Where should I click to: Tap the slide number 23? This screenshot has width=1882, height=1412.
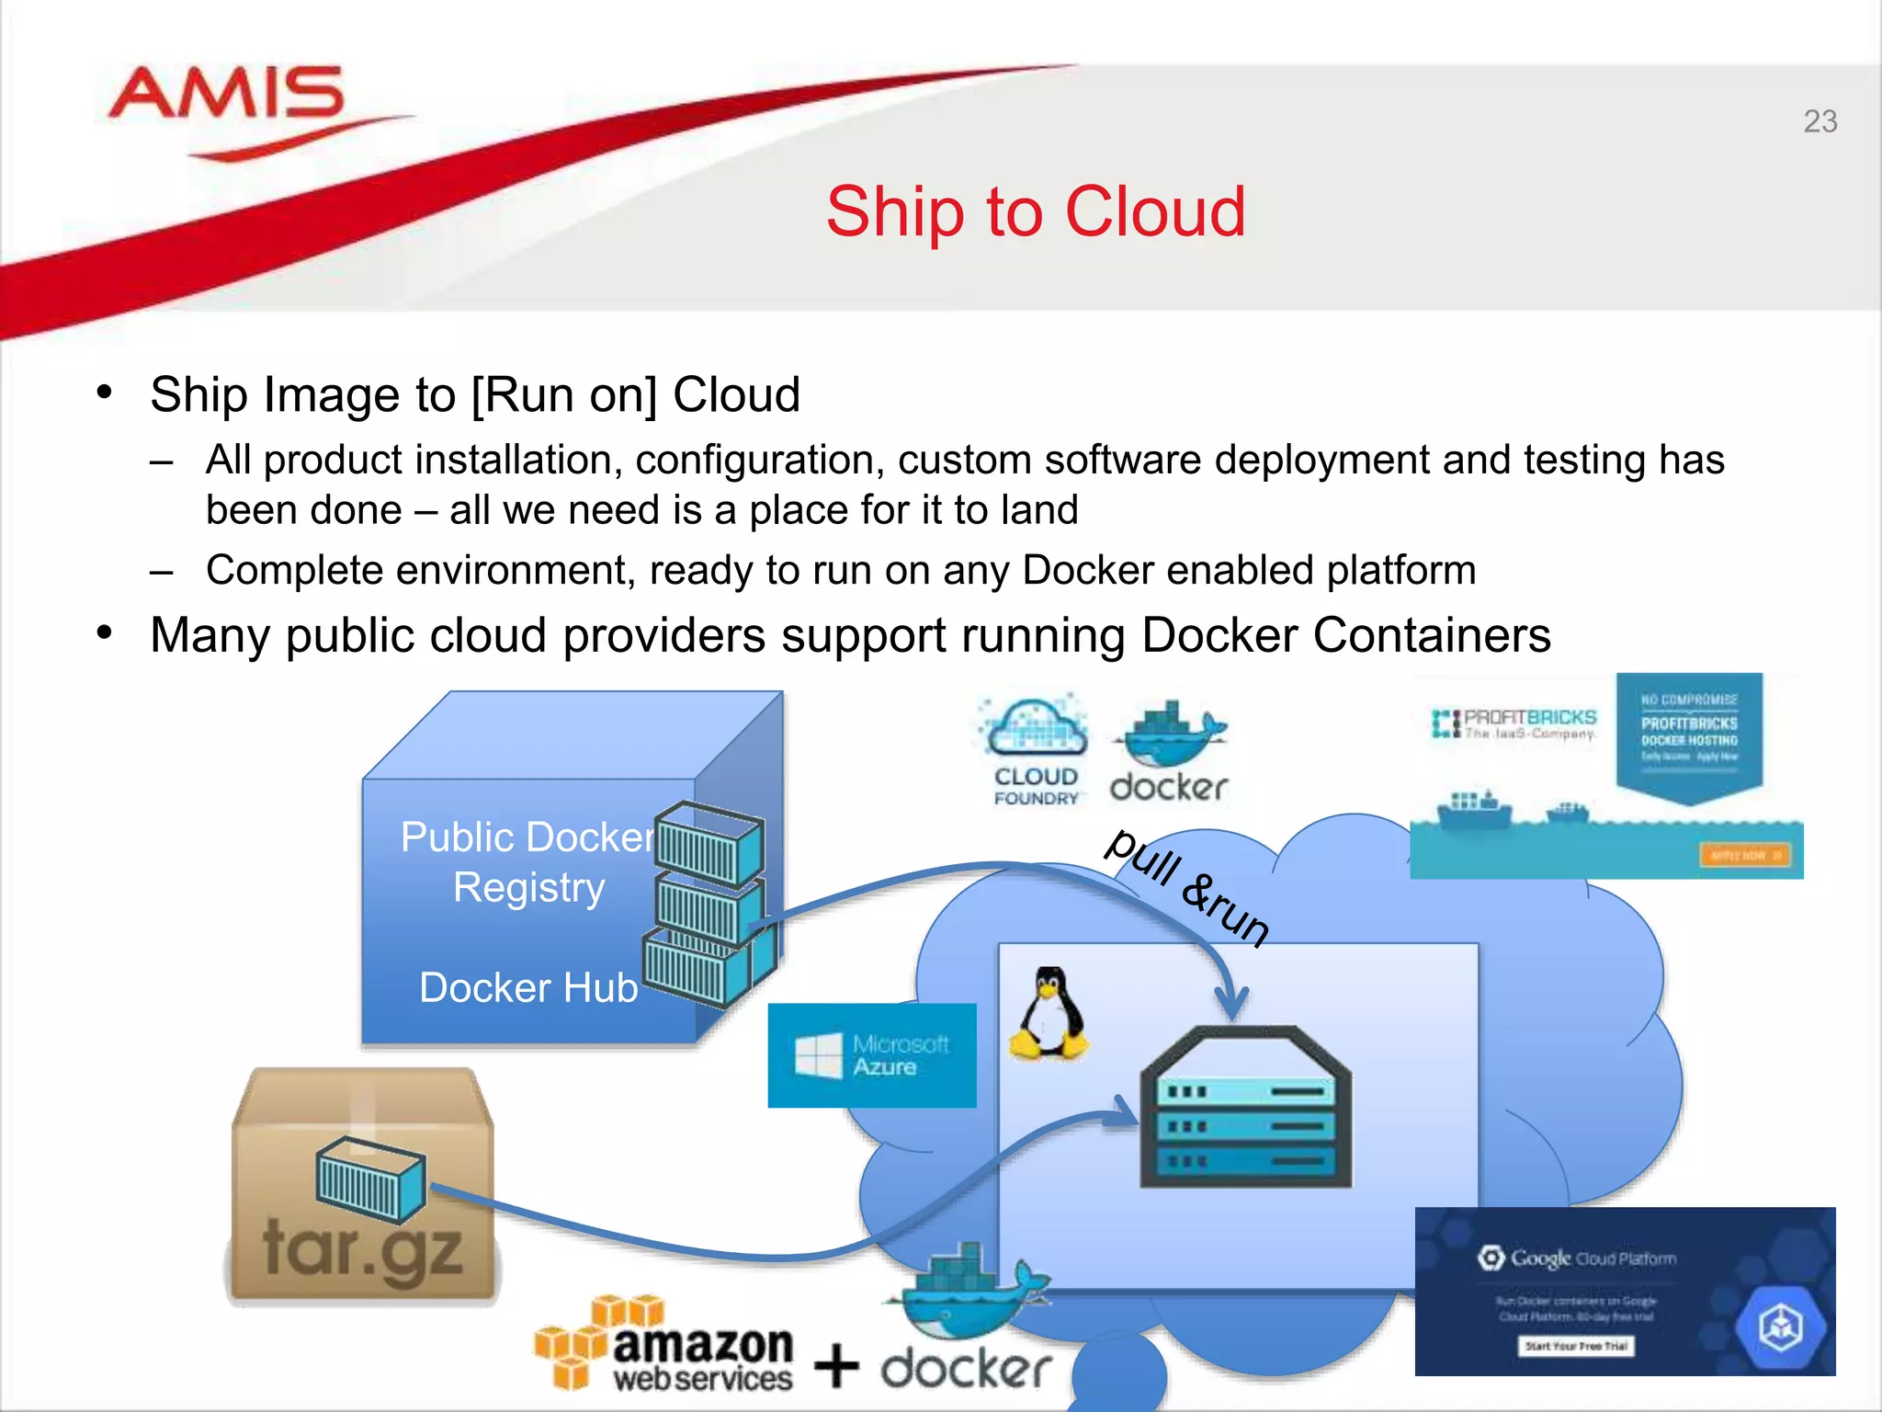pyautogui.click(x=1820, y=121)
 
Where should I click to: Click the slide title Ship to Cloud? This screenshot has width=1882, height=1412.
pyautogui.click(x=1036, y=211)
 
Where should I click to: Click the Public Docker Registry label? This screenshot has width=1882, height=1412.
pyautogui.click(x=527, y=862)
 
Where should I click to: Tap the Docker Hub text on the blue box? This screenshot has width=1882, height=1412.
pyautogui.click(x=527, y=988)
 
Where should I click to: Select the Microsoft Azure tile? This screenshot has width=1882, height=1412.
pyautogui.click(x=871, y=1055)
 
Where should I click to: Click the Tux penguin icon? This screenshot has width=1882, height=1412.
pyautogui.click(x=1049, y=1013)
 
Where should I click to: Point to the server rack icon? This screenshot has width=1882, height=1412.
pyautogui.click(x=1245, y=1108)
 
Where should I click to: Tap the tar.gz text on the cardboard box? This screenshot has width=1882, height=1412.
pyautogui.click(x=363, y=1248)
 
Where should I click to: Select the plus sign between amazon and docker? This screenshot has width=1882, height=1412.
pyautogui.click(x=836, y=1365)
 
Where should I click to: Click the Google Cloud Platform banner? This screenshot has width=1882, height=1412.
pyautogui.click(x=1625, y=1291)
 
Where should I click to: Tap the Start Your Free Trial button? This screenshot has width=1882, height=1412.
pyautogui.click(x=1575, y=1346)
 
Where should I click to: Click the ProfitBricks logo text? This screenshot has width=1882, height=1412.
pyautogui.click(x=1529, y=718)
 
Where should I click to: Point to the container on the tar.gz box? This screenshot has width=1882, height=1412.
pyautogui.click(x=369, y=1179)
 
